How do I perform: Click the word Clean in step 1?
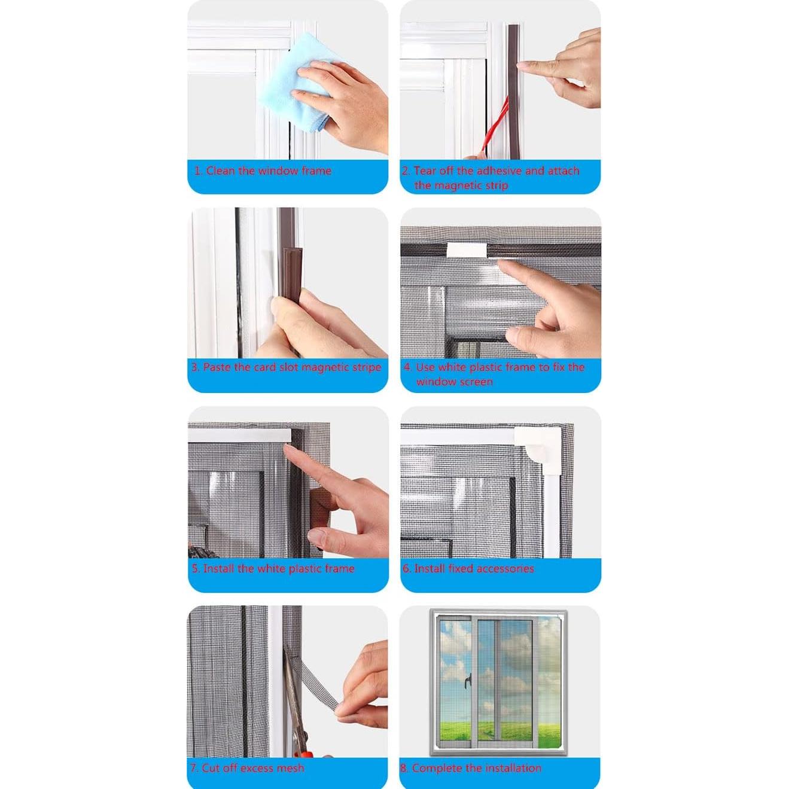click(220, 171)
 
